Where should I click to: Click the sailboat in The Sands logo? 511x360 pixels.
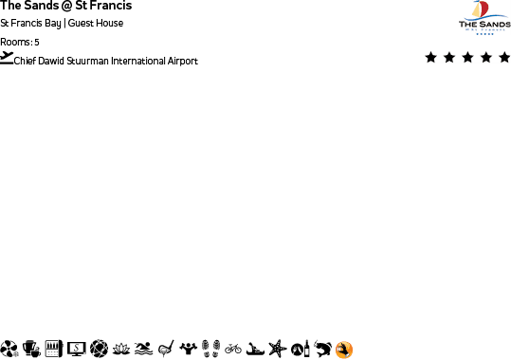coord(484,11)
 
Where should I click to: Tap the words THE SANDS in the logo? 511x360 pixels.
coord(484,26)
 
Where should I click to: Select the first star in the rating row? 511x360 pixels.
coord(431,58)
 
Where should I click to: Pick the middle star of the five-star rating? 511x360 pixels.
coord(467,58)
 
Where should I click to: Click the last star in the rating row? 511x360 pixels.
coord(502,58)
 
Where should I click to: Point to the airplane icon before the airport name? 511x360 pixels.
coord(8,58)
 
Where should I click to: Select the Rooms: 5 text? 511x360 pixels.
coord(20,43)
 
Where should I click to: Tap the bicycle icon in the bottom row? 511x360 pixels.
coord(233,350)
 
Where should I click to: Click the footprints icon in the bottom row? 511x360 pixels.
coord(211,350)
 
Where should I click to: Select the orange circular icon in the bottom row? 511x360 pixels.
coord(344,350)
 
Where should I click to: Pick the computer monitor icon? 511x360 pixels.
coord(77,350)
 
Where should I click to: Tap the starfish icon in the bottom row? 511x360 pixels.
coord(277,350)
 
